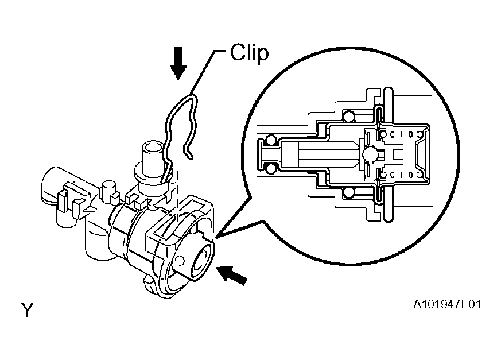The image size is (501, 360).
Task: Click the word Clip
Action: pyautogui.click(x=249, y=53)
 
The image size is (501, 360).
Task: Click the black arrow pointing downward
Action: pyautogui.click(x=178, y=63)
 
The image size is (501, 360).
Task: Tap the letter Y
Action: pyautogui.click(x=27, y=310)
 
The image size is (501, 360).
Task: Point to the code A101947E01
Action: pyautogui.click(x=446, y=304)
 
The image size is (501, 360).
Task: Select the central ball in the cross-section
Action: pyautogui.click(x=370, y=154)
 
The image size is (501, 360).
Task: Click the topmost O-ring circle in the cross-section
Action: pyautogui.click(x=348, y=116)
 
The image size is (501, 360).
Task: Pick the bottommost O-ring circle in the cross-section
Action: pyautogui.click(x=348, y=193)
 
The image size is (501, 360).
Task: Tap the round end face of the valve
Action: pyautogui.click(x=201, y=261)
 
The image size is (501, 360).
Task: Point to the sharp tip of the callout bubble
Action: pyautogui.click(x=216, y=238)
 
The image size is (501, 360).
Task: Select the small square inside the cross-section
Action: pyautogui.click(x=398, y=154)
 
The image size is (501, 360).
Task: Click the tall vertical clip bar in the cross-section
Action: pyautogui.click(x=388, y=154)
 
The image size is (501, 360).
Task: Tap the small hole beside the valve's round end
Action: pyautogui.click(x=180, y=261)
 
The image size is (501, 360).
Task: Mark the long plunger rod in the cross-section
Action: pyautogui.click(x=321, y=154)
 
